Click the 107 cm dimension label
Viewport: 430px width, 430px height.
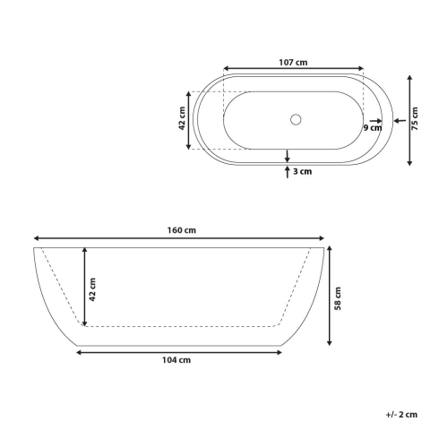[293, 62]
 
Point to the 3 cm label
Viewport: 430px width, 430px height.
[302, 170]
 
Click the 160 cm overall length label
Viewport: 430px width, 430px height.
[182, 230]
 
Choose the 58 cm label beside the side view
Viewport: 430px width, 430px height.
[337, 297]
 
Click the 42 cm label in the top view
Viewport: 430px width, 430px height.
[182, 118]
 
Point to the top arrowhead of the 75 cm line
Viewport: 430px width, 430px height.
[409, 78]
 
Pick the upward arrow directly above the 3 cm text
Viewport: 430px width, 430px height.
[287, 168]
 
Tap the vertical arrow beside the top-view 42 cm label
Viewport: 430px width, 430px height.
[189, 119]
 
